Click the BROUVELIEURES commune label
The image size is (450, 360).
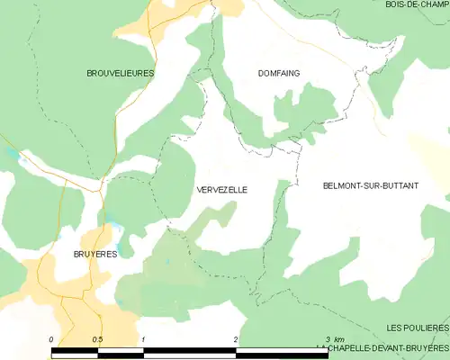tap(120, 72)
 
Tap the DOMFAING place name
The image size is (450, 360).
tap(279, 73)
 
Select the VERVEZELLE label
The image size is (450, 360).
tap(220, 190)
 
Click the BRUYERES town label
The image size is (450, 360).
tap(95, 255)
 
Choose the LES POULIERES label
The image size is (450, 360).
tap(417, 328)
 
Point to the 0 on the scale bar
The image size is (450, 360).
tap(51, 339)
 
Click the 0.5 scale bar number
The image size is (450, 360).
tap(96, 339)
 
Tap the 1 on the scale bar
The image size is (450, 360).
tap(143, 339)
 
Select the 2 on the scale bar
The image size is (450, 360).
tap(235, 339)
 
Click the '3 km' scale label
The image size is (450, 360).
tap(334, 339)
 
